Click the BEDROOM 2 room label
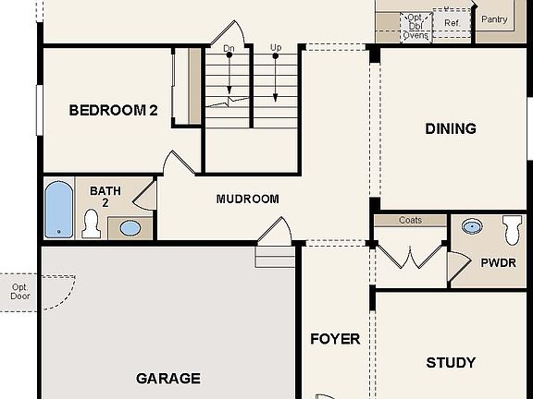point(113,111)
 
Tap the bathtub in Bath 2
point(58,210)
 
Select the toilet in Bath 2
point(91,223)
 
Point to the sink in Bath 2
point(130,228)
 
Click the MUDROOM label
point(247,199)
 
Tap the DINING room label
point(451,128)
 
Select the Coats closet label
point(410,221)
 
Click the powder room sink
point(473,226)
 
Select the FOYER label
point(334,339)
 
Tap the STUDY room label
point(451,362)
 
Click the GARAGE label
point(168,378)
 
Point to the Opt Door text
point(19,292)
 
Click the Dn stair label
point(229,47)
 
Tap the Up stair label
point(276,47)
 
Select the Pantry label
point(494,19)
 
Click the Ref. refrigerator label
point(452,22)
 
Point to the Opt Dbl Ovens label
point(415,25)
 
